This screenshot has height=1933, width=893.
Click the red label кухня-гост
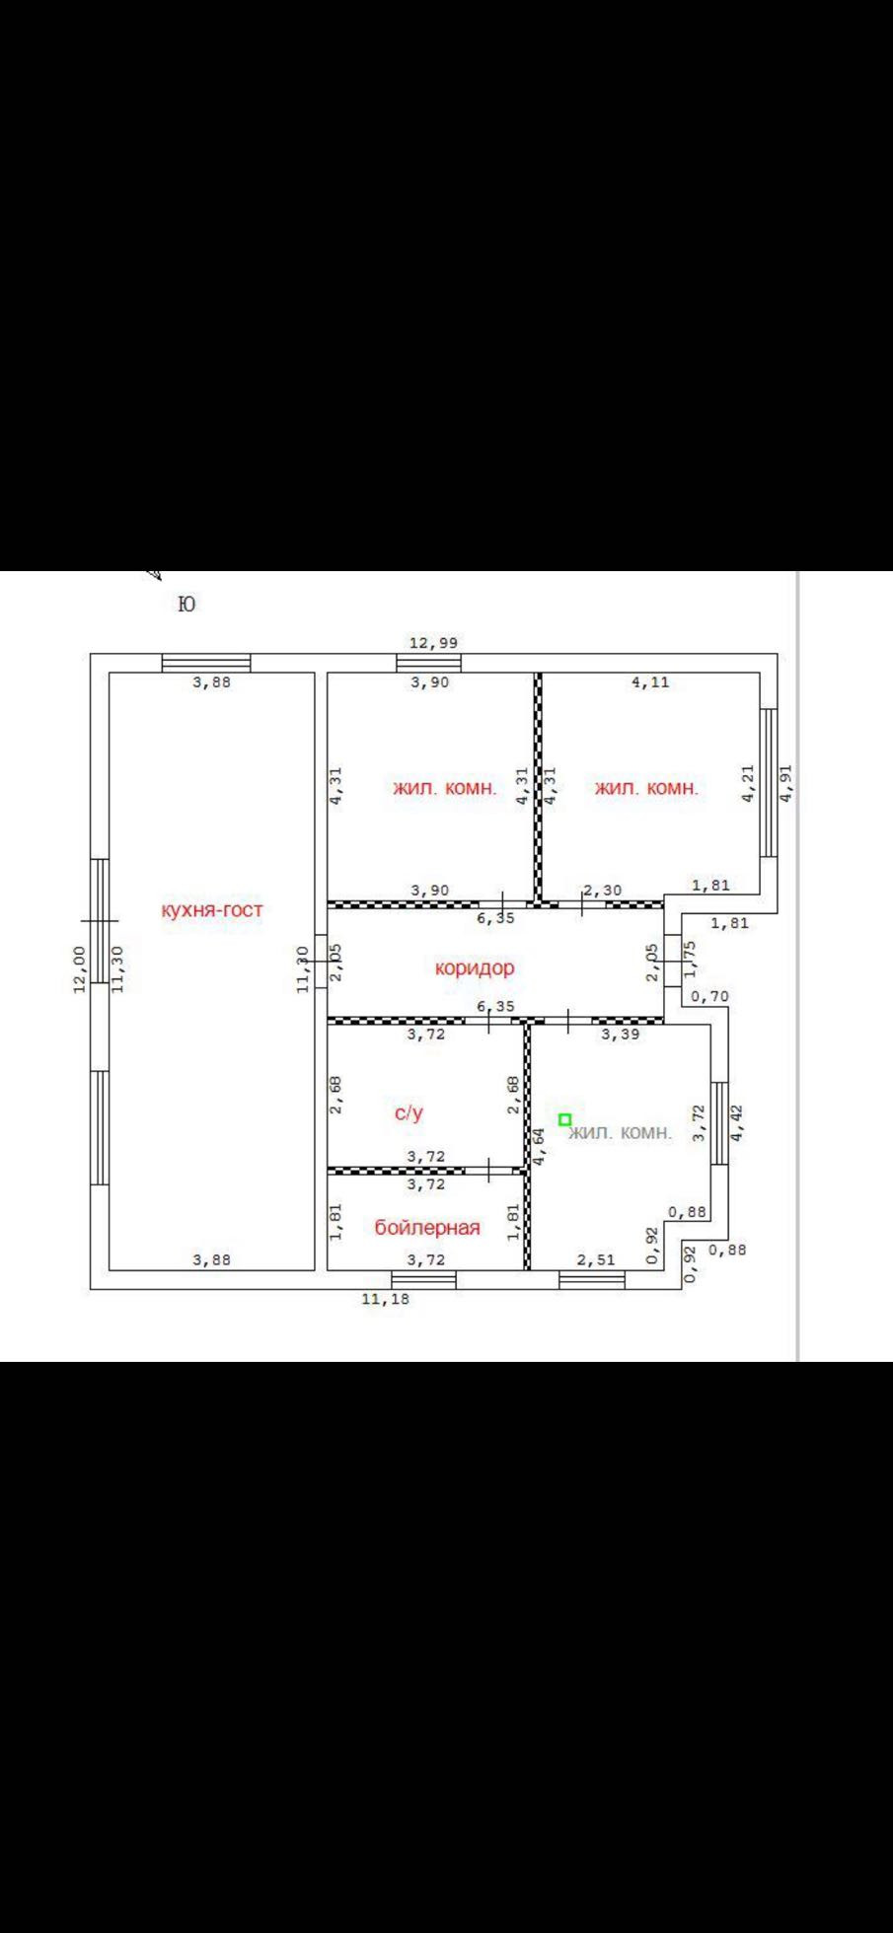212,909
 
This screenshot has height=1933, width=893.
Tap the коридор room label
475,967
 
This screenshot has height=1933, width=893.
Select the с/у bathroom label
409,1112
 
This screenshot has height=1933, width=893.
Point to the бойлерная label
427,1227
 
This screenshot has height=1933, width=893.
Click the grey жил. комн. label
621,1132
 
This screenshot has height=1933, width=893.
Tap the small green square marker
564,1119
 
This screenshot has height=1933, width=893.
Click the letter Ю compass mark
186,604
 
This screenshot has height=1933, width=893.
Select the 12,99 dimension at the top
433,643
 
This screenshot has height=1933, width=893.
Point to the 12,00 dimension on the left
80,969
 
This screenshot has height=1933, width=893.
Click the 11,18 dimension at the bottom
385,1299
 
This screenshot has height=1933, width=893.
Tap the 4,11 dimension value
649,681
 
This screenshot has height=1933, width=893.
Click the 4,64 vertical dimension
539,1147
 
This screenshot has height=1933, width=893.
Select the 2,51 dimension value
595,1259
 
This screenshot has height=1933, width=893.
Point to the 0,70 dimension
708,996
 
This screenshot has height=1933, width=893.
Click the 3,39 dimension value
621,1035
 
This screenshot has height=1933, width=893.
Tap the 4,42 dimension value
737,1122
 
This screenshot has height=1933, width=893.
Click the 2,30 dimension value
602,890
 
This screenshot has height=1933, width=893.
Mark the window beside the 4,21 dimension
769,782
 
